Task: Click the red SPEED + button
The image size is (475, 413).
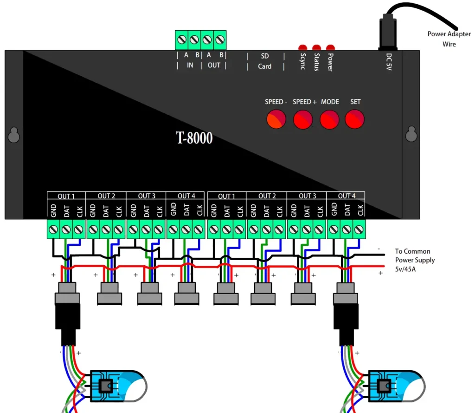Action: [x=303, y=119]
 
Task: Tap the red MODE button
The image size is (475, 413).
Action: [x=330, y=119]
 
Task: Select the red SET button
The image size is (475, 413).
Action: [x=355, y=119]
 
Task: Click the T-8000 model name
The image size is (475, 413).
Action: [x=194, y=138]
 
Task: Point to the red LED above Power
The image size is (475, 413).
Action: [x=330, y=47]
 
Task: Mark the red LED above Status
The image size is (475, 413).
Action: [x=316, y=47]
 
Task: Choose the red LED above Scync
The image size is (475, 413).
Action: [x=302, y=47]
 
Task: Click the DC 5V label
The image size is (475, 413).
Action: [x=389, y=62]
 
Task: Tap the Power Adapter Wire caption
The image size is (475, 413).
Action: [x=449, y=39]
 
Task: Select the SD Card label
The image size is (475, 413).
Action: [x=264, y=61]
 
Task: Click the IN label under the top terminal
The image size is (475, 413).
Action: [x=190, y=66]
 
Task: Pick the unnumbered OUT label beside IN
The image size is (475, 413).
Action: [x=214, y=66]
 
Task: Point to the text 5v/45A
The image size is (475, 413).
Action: [x=405, y=269]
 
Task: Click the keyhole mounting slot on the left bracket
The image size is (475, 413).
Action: [x=13, y=135]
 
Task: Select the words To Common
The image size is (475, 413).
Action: [x=412, y=251]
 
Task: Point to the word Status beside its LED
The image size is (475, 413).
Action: [x=317, y=62]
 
